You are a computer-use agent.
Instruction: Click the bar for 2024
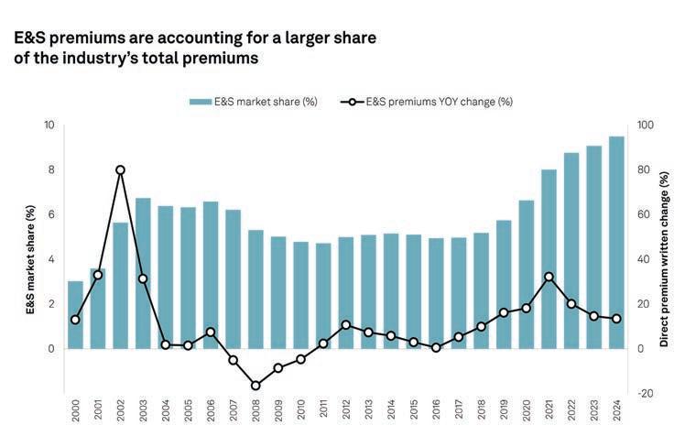[616, 243]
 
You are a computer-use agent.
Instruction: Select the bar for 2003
[143, 273]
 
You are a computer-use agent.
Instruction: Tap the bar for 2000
[75, 314]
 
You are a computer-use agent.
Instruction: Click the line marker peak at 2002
[120, 169]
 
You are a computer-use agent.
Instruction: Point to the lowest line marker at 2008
[256, 386]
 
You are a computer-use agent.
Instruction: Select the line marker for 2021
[549, 277]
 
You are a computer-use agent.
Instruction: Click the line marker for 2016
[436, 347]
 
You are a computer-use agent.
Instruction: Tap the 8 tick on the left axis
[51, 169]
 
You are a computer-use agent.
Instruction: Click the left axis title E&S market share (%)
[30, 259]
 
